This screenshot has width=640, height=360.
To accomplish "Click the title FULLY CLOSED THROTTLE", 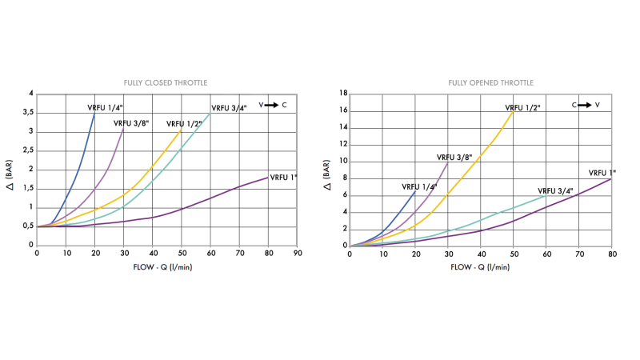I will coord(165,82).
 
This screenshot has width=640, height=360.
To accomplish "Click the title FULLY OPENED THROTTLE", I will coord(490,82).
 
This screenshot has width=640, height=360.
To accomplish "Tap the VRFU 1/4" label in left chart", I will coord(106,107).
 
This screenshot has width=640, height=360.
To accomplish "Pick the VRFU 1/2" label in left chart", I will coord(184,123).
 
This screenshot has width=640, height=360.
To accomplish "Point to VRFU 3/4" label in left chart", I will coord(229,107).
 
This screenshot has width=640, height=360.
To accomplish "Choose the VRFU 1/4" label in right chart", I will coord(419,186).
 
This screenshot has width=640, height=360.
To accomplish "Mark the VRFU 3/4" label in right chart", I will coord(555,191).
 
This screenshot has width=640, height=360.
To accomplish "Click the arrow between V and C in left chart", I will coord(271,105).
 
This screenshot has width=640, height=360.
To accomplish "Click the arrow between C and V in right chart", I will coord(585,105).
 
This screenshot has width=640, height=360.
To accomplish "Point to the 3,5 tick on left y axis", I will coord(27,113).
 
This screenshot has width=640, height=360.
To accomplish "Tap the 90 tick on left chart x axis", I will coord(298,253).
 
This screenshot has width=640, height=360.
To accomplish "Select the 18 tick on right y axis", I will coord(342,94).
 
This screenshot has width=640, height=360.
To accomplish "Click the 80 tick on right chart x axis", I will coord(611,253).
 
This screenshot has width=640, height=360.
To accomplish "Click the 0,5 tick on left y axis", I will coord(27,226).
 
